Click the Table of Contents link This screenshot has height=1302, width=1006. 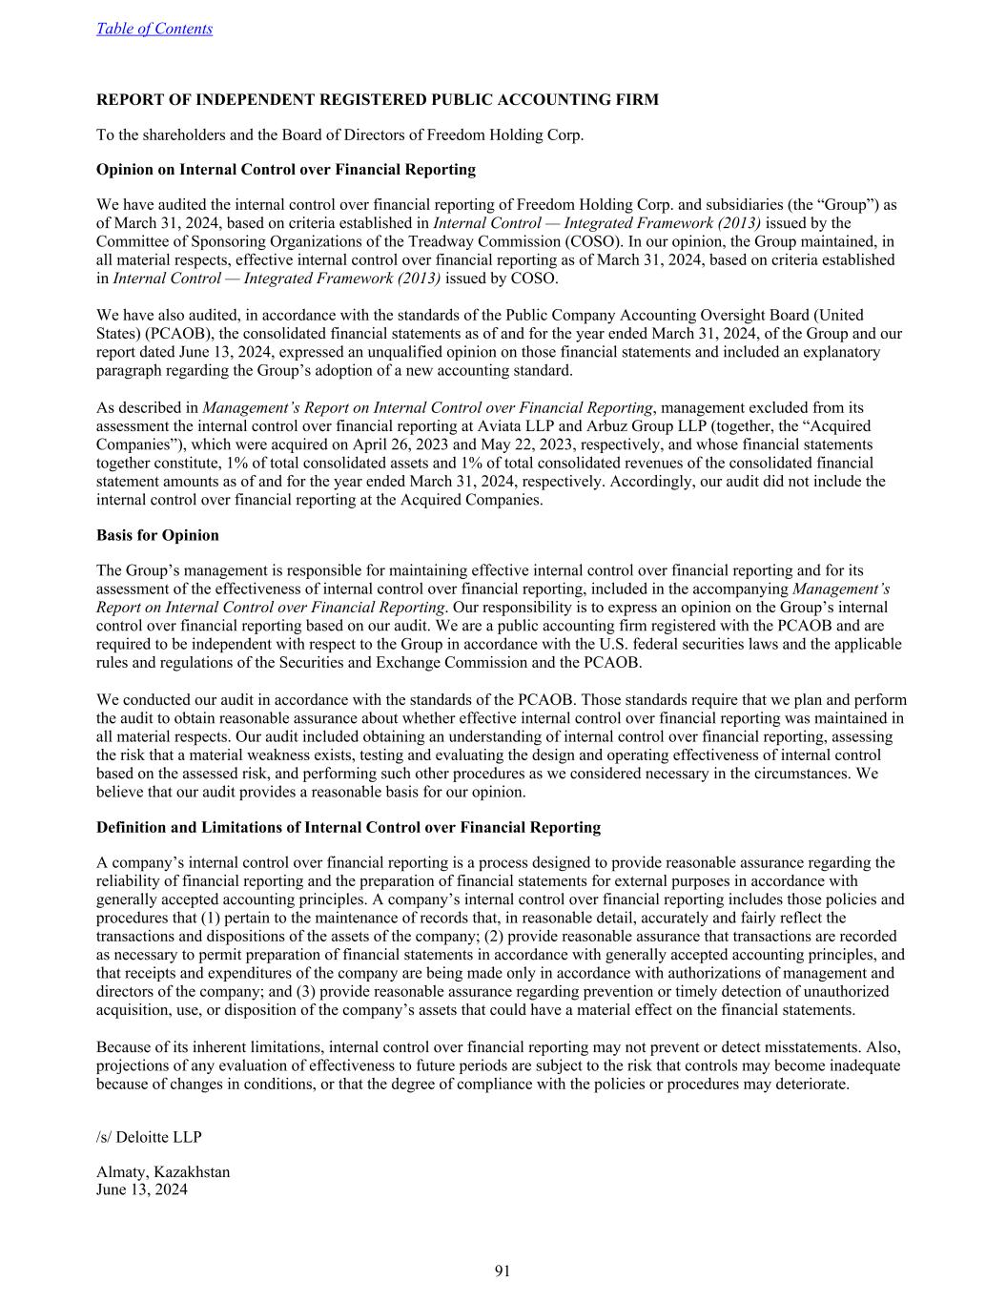(x=154, y=29)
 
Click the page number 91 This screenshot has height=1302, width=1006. (x=503, y=1271)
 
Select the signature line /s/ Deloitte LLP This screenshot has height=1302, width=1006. (x=149, y=1137)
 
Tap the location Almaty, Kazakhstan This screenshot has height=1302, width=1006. (x=163, y=1172)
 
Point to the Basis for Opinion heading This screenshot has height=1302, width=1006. (x=157, y=535)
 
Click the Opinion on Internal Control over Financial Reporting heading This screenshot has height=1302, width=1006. (x=286, y=170)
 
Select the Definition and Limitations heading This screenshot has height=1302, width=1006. (x=348, y=827)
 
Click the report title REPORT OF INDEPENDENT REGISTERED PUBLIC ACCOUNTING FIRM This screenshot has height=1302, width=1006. (x=378, y=99)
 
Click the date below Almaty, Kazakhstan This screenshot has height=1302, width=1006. (x=142, y=1190)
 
